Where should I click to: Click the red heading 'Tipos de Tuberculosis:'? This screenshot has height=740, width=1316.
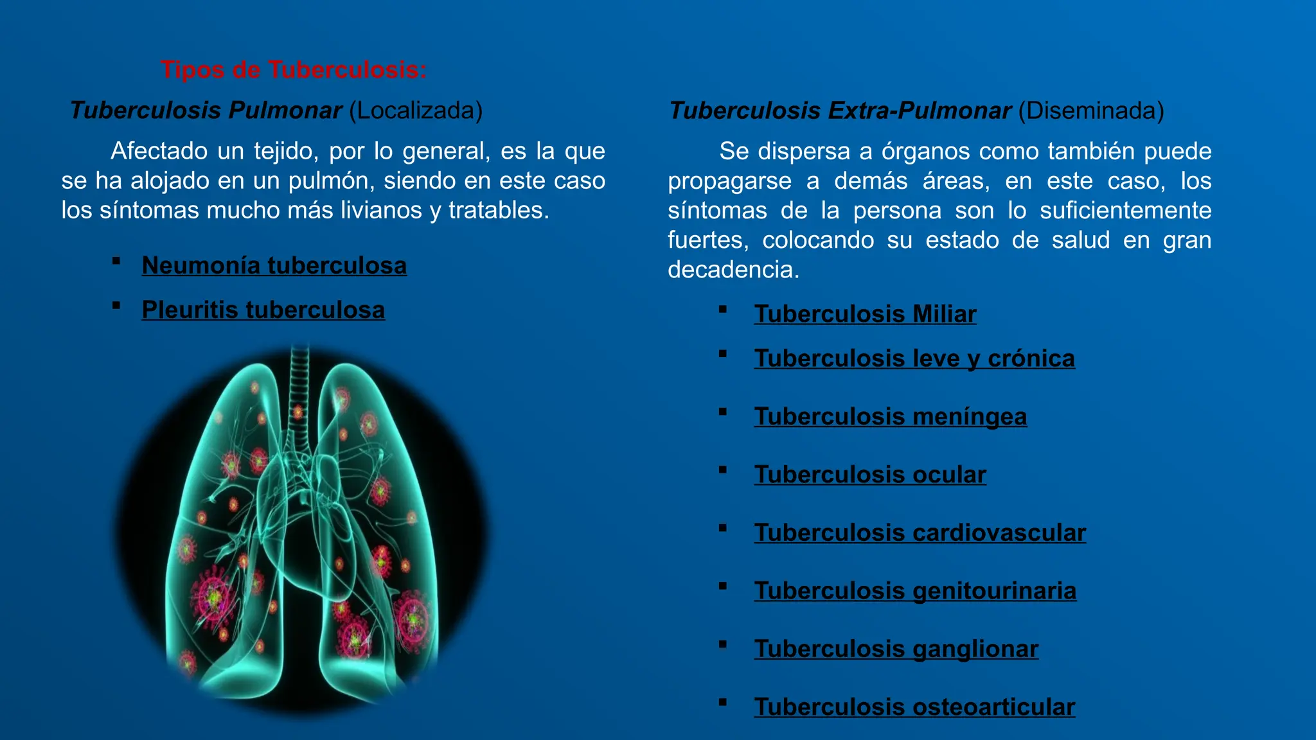click(294, 69)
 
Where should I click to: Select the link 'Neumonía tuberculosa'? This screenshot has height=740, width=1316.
click(274, 265)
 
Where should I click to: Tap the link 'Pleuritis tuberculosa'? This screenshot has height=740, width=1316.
click(263, 310)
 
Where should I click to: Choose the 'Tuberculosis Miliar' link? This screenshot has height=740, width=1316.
click(865, 314)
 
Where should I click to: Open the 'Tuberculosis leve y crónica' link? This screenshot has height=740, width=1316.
click(914, 358)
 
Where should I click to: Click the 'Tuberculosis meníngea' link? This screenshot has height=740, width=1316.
click(891, 416)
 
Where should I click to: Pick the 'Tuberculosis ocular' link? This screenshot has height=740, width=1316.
click(870, 475)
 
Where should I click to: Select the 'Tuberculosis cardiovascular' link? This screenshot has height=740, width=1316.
click(920, 533)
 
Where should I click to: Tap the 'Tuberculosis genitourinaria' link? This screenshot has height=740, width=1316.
click(915, 591)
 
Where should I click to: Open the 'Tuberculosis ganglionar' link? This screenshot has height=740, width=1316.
click(896, 649)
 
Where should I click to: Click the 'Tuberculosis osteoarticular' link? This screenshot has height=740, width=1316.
click(914, 707)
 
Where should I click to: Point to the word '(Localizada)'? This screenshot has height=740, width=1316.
click(416, 110)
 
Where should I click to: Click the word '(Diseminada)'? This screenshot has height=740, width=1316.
click(1091, 110)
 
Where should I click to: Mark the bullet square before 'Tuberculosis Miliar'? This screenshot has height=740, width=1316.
click(723, 310)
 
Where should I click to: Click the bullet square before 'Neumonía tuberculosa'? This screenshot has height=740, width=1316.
click(116, 261)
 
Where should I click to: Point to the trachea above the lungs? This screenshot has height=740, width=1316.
click(299, 385)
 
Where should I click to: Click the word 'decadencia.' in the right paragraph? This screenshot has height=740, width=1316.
click(733, 270)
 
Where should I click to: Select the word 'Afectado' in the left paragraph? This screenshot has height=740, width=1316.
click(159, 151)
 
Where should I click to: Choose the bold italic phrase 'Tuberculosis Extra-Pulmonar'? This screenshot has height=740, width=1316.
click(840, 110)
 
